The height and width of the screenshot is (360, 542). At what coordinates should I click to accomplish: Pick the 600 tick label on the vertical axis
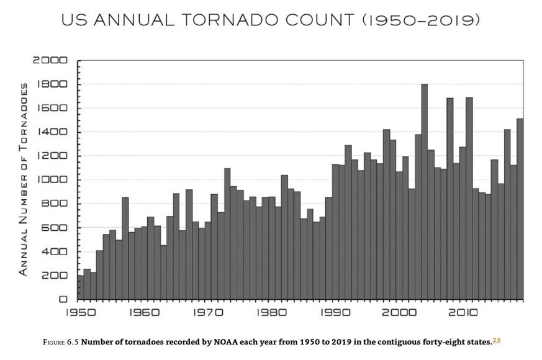[x=57, y=228]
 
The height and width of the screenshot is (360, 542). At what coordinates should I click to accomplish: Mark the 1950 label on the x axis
[x=81, y=313]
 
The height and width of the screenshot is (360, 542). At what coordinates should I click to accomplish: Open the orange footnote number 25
[x=497, y=340]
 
